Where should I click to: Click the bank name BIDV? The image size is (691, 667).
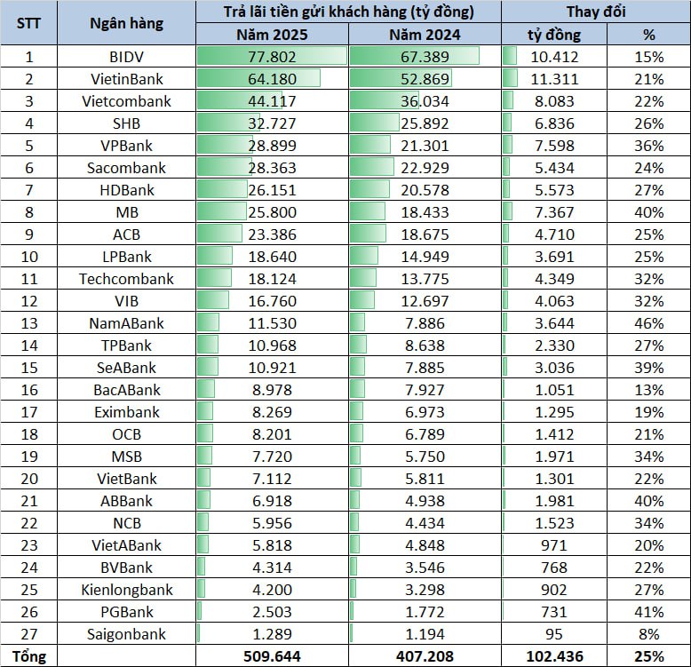(x=126, y=57)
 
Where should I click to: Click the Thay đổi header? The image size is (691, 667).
(x=596, y=12)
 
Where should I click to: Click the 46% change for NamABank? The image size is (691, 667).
(x=649, y=323)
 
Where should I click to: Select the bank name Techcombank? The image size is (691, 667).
(x=126, y=279)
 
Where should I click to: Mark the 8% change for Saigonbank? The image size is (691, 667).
(x=649, y=634)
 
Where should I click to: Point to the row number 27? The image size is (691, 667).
(x=28, y=634)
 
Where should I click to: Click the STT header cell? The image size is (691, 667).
(x=28, y=23)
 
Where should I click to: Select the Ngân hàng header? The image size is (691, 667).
(x=126, y=23)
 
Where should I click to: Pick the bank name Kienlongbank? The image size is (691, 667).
(x=126, y=590)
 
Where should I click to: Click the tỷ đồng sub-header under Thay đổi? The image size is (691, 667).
(x=553, y=35)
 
